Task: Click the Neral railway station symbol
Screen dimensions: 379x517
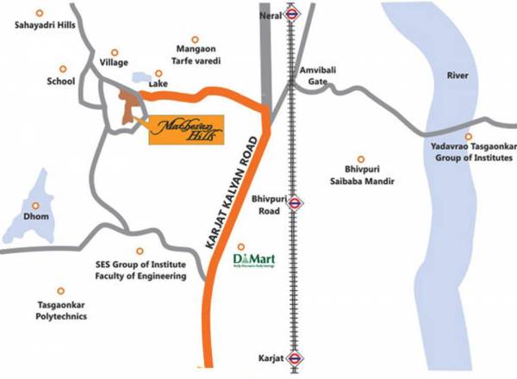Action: coord(294,13)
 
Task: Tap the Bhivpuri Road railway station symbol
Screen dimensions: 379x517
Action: coord(295,203)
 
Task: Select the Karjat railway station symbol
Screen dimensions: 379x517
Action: coord(295,356)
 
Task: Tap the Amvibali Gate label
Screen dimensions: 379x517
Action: coord(314,74)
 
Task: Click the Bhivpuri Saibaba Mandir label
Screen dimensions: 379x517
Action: coord(362,176)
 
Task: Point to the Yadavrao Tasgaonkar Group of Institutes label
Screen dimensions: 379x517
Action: coord(468,152)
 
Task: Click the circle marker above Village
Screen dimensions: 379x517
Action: coord(117,51)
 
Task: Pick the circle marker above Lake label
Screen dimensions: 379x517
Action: coord(159,73)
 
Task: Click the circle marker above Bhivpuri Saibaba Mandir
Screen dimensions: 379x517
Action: coord(361,158)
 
